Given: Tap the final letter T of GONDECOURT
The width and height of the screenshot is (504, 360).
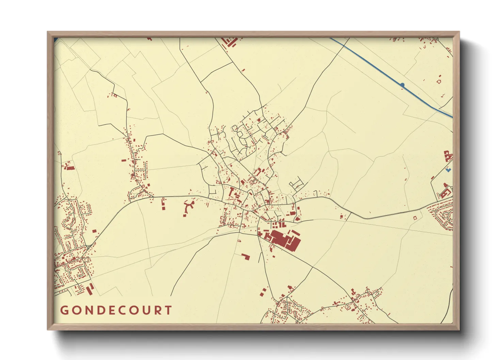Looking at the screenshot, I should pos(168,310).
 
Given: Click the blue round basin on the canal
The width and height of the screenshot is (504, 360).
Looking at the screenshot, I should pos(402,85).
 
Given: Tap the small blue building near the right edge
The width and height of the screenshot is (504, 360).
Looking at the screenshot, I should pos(448,169).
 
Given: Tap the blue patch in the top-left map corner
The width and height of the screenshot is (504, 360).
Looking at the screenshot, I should pos(55,39).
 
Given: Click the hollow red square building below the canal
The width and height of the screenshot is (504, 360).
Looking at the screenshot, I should pos(439,81).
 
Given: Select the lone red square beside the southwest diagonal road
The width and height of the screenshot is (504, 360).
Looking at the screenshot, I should pos(94,231).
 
